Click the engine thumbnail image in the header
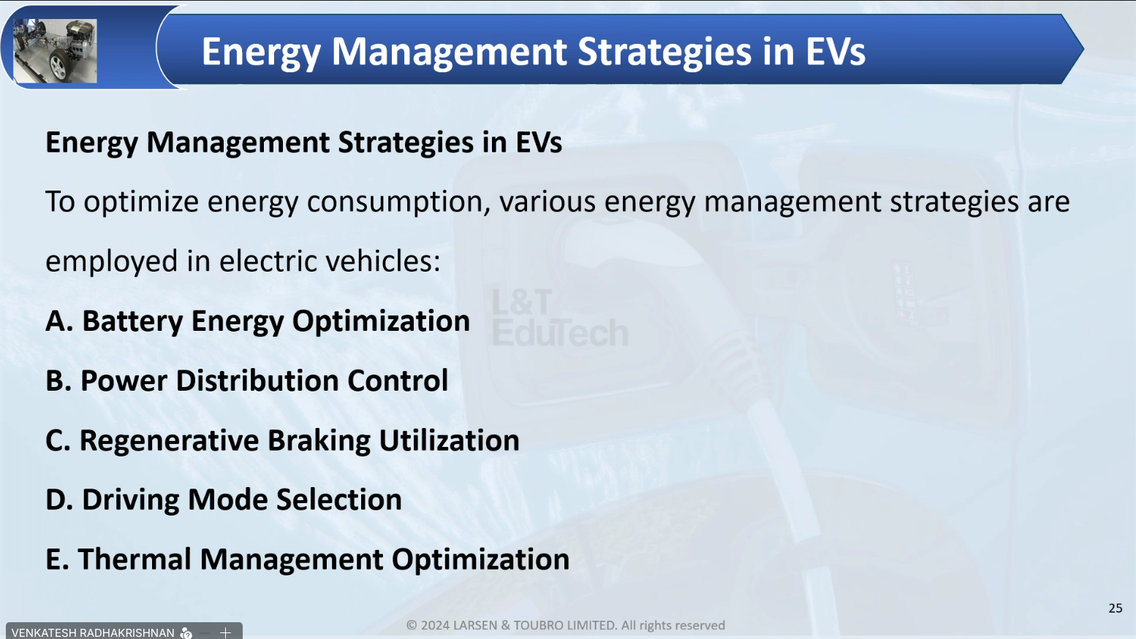pos(55,50)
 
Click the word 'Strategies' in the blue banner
pos(664,53)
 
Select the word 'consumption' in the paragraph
pos(398,202)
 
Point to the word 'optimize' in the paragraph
pos(141,202)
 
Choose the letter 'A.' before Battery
pos(59,321)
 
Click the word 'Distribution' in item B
pos(257,380)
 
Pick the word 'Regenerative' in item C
pos(169,441)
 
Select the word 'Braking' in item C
pos(319,441)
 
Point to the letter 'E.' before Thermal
pos(57,559)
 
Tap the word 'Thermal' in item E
pos(135,559)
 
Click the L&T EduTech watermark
pos(560,318)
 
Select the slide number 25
pos(1116,608)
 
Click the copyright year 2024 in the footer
pos(436,625)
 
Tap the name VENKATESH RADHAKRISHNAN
pos(93,633)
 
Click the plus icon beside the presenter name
pos(226,632)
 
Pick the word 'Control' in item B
pos(398,380)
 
